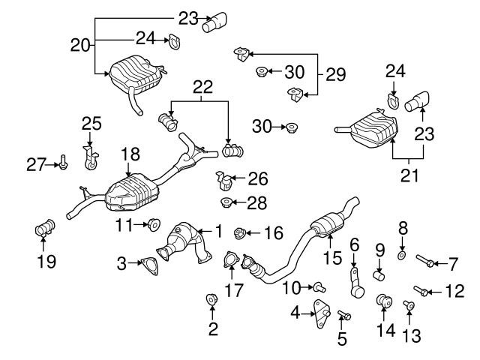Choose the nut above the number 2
[212, 301]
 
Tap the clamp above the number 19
[44, 227]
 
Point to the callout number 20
[79, 45]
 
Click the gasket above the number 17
[229, 262]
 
